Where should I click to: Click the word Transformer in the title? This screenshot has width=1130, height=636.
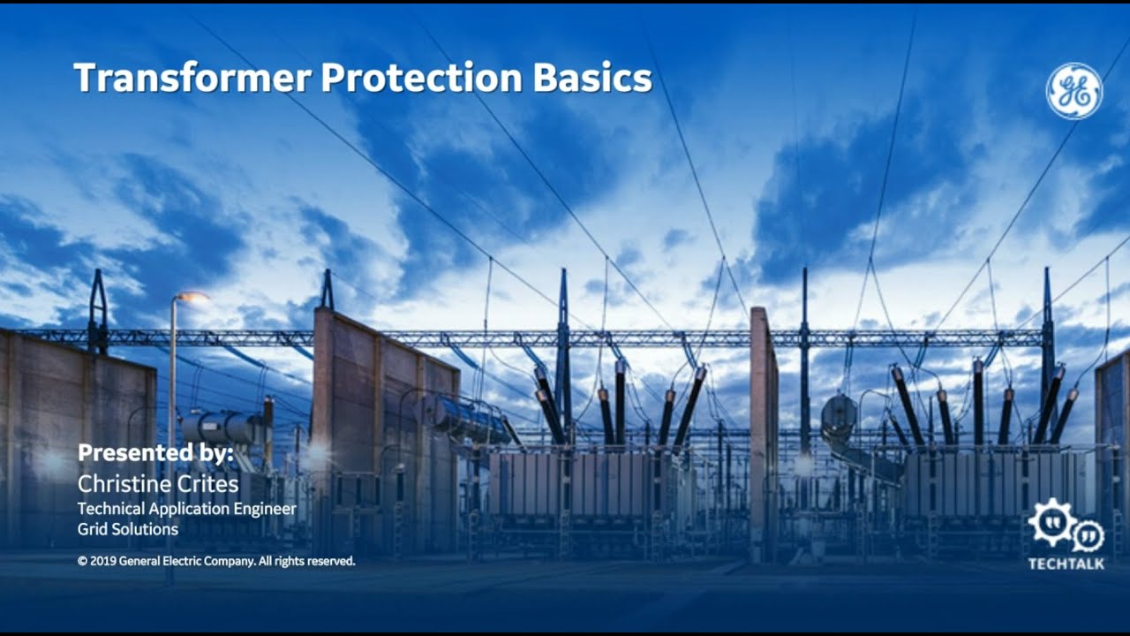click(192, 79)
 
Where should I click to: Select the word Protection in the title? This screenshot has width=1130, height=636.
click(421, 79)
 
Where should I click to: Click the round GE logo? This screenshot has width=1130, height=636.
click(1073, 90)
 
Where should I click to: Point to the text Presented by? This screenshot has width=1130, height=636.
click(155, 453)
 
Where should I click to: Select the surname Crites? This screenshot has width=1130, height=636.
click(207, 484)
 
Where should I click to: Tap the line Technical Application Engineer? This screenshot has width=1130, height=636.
click(186, 509)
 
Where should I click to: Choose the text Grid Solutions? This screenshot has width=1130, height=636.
click(128, 529)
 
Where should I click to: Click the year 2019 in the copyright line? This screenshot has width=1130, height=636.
click(103, 561)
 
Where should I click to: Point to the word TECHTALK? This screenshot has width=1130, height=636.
click(1066, 564)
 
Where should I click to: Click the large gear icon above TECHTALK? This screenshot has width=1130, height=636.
click(1051, 522)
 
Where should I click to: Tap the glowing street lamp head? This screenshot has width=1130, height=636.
click(191, 298)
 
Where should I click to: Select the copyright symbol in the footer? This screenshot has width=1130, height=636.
click(82, 561)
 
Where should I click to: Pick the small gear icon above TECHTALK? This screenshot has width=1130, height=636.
click(1088, 534)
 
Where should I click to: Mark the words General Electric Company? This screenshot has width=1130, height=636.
click(186, 561)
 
